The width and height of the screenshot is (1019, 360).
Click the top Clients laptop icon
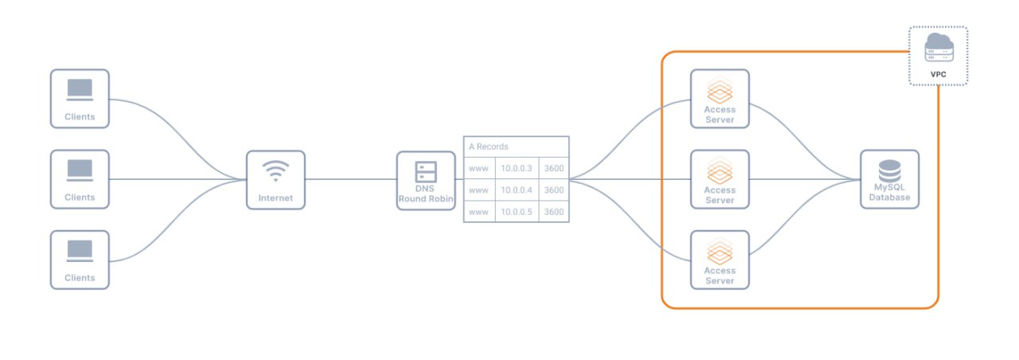click(80, 89)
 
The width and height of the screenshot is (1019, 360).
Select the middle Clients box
click(80, 179)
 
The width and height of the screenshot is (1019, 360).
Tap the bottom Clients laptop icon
click(80, 250)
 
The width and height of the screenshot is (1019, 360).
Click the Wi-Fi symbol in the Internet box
click(275, 170)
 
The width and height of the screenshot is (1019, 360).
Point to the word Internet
click(275, 198)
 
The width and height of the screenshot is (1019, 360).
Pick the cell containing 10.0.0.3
click(516, 168)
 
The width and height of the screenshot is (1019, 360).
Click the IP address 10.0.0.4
click(516, 190)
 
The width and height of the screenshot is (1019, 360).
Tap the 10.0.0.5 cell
click(516, 212)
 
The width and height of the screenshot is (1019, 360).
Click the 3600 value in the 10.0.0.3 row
click(554, 168)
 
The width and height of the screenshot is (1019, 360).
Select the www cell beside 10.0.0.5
click(478, 212)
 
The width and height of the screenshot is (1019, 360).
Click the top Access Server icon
click(720, 88)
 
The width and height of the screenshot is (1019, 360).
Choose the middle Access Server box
click(720, 179)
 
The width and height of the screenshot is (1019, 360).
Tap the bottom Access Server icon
click(720, 250)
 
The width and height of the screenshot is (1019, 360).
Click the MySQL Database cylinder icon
click(889, 170)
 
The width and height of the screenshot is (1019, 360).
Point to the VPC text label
click(939, 74)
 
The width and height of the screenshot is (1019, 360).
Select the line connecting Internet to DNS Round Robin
click(350, 179)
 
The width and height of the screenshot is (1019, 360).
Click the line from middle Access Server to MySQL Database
click(804, 179)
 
